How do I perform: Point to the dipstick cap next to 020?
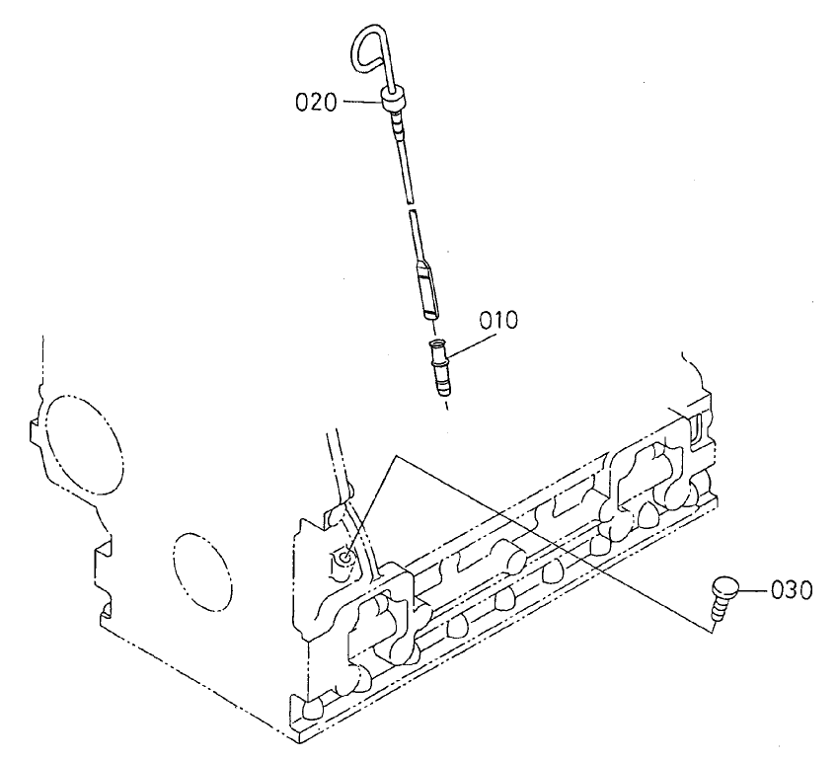[391, 98]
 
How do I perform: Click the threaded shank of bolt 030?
[717, 611]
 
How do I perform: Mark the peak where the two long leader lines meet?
[396, 457]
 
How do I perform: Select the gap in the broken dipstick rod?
[408, 202]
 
